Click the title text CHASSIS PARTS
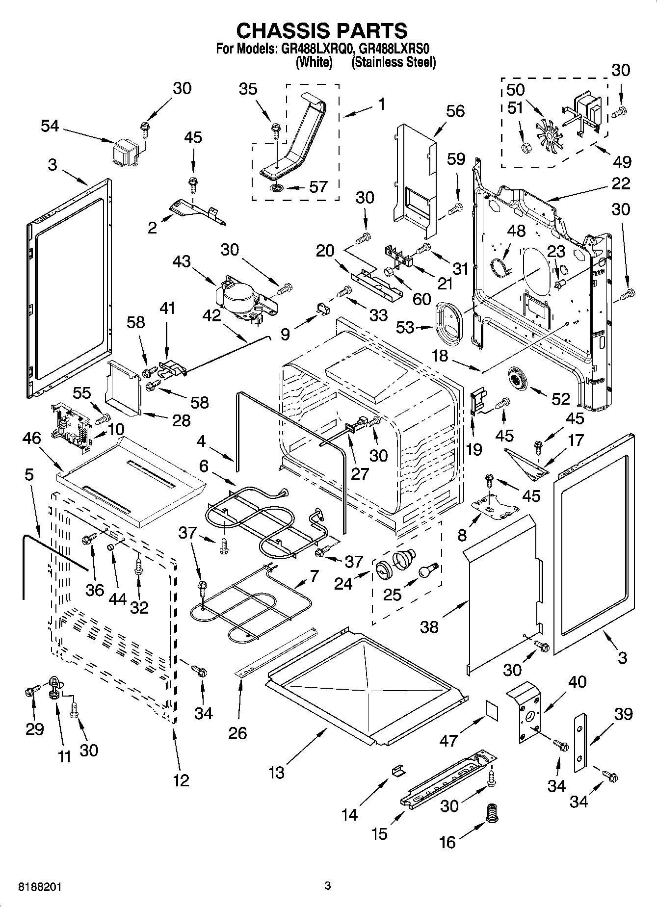point(321,30)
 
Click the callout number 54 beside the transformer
point(50,126)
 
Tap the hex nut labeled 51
point(526,147)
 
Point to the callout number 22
point(621,183)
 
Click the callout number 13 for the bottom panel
point(276,773)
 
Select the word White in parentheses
point(315,62)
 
